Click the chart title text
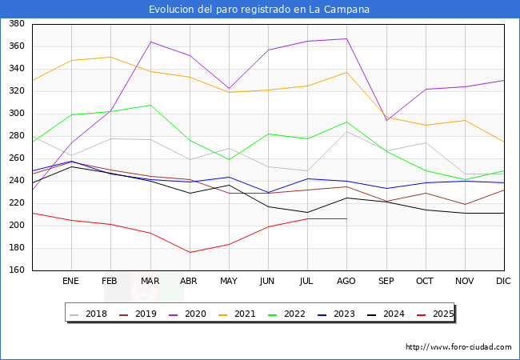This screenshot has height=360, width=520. (259, 10)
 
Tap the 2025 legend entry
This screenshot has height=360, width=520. (441, 314)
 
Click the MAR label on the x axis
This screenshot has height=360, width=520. (150, 282)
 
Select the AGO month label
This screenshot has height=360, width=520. (346, 282)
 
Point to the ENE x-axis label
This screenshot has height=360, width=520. (71, 282)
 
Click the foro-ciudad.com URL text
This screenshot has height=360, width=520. (458, 347)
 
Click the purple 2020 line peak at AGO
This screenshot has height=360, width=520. (346, 38)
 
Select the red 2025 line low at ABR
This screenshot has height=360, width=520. (190, 253)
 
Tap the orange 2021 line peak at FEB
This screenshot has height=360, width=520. (110, 57)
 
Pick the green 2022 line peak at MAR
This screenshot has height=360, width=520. (150, 105)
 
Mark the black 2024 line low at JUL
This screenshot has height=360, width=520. (307, 213)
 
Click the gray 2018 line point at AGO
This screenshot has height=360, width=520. (346, 130)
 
